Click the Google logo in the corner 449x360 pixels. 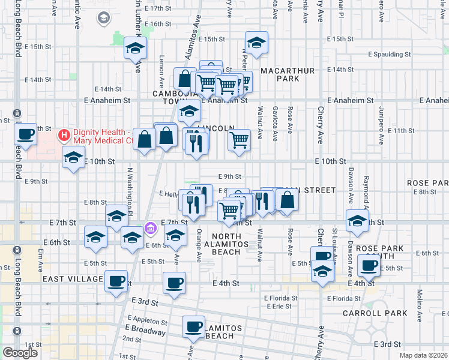pos(20,353)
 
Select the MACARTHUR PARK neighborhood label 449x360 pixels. pos(288,74)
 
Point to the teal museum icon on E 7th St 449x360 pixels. pos(150,228)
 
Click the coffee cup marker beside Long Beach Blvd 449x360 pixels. pos(25,133)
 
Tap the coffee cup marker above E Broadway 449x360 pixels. pos(193,326)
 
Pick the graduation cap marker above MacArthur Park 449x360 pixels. pos(256,42)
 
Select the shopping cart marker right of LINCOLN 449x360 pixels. pos(239,140)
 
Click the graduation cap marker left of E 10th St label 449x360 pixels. pos(73,157)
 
